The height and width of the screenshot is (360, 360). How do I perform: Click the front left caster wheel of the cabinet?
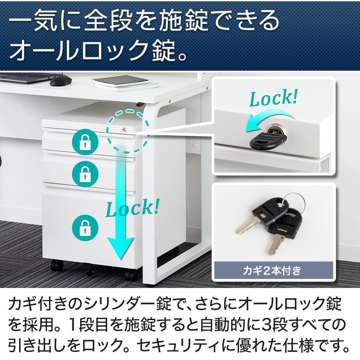(x=55, y=265)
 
